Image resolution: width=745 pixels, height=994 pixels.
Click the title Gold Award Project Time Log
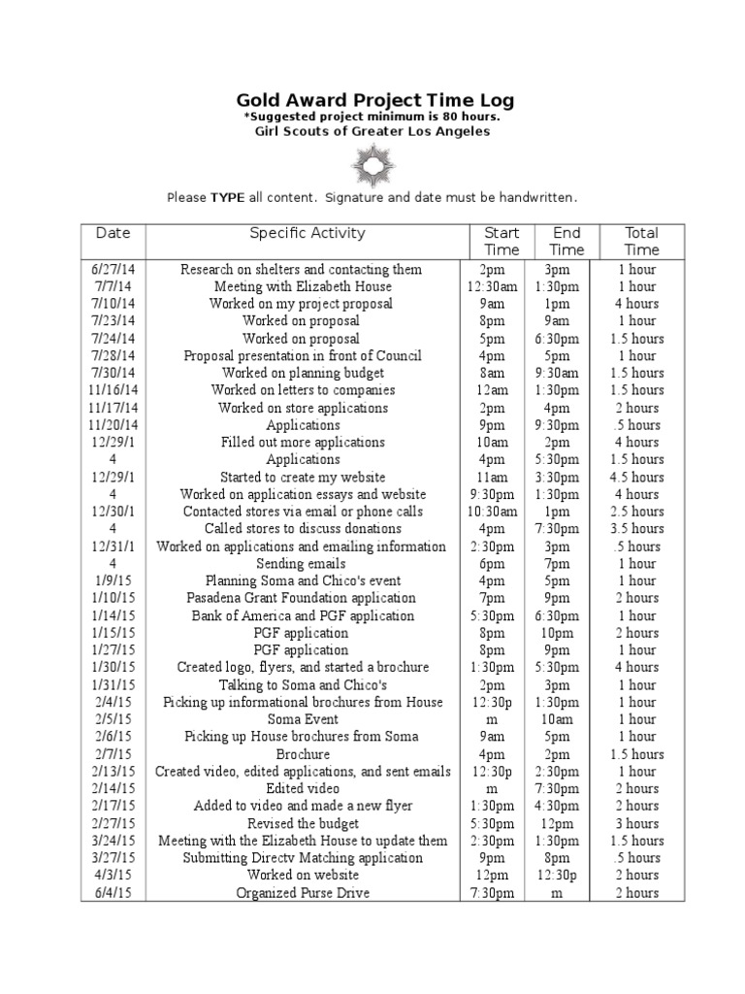click(x=375, y=100)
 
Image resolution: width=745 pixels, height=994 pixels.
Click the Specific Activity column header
click(x=308, y=233)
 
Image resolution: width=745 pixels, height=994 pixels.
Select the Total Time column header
click(x=641, y=241)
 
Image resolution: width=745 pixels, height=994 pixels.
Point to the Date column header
click(x=113, y=233)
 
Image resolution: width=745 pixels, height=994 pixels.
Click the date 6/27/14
click(x=113, y=269)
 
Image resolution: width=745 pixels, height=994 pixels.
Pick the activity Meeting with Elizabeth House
click(x=303, y=286)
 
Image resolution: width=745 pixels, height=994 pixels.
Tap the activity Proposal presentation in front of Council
click(x=303, y=355)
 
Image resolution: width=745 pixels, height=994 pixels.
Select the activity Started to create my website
click(x=303, y=477)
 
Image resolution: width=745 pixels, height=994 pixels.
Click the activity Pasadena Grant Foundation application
click(x=303, y=598)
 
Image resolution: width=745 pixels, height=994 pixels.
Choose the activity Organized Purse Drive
click(x=303, y=893)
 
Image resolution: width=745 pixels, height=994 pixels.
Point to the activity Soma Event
click(x=303, y=719)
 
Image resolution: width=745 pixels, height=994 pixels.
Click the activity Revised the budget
click(x=303, y=823)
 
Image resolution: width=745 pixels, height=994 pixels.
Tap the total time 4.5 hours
click(x=637, y=477)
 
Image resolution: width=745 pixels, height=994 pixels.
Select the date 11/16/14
click(x=113, y=390)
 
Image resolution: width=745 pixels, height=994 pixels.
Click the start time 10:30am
click(x=492, y=512)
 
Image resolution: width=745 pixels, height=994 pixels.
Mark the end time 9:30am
click(x=567, y=373)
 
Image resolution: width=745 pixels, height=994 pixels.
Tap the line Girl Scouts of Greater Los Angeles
click(x=374, y=132)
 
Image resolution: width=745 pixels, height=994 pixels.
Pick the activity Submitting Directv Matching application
click(x=303, y=858)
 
